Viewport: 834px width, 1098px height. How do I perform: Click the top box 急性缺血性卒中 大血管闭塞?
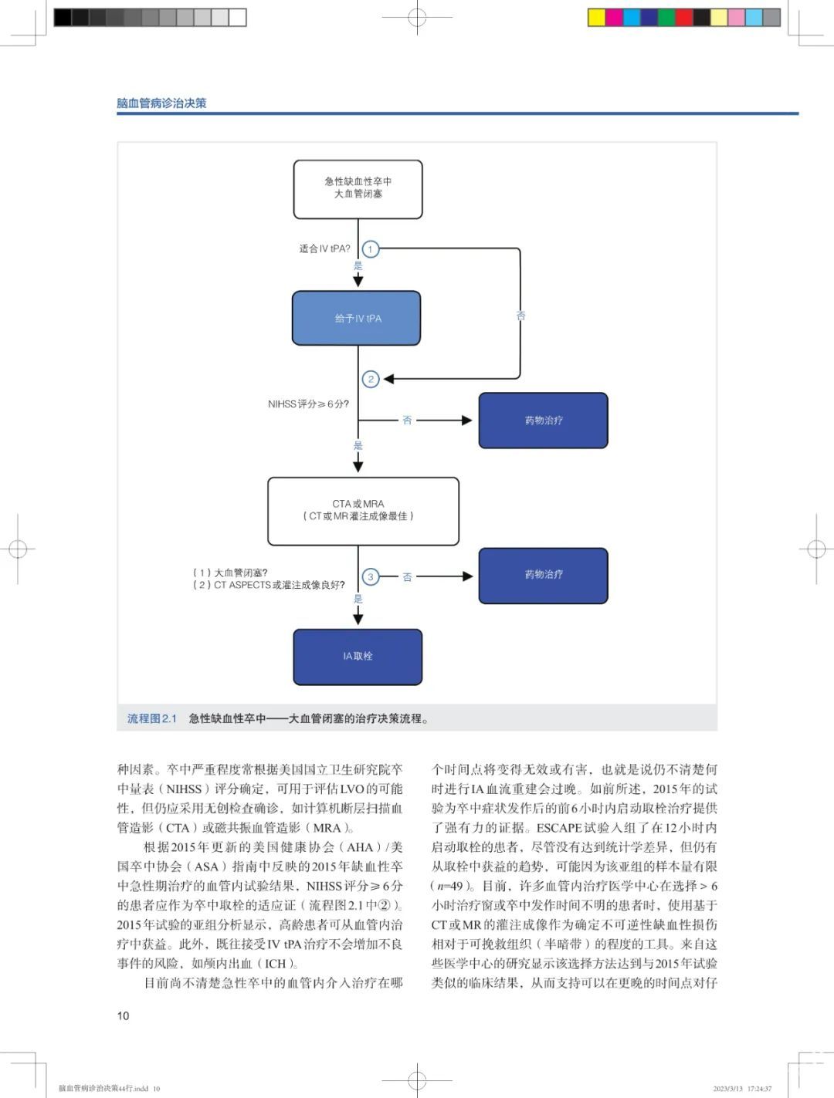358,189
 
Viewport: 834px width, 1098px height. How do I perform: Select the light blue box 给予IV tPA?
357,318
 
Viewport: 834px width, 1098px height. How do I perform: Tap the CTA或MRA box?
364,511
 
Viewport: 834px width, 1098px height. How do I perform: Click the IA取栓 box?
358,657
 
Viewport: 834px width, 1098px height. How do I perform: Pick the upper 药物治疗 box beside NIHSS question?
544,421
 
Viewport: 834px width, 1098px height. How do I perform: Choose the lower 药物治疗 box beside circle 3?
544,576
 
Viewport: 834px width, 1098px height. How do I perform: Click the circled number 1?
371,249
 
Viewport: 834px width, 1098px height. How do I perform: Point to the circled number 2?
371,379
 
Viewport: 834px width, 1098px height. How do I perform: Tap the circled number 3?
371,576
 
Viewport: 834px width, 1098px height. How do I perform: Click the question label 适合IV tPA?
324,248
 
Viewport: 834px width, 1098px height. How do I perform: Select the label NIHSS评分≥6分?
308,404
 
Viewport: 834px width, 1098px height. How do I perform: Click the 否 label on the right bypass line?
520,316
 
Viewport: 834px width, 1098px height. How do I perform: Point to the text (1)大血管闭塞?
230,573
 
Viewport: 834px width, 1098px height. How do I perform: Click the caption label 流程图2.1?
152,719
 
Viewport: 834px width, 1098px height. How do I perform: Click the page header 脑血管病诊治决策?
161,103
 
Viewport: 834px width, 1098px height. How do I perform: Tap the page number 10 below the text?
123,1016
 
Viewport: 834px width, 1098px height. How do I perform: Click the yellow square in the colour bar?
597,18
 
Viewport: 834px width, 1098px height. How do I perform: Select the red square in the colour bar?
684,18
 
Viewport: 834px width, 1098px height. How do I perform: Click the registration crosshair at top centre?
417,18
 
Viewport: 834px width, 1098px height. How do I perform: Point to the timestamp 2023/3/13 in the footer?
728,1089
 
